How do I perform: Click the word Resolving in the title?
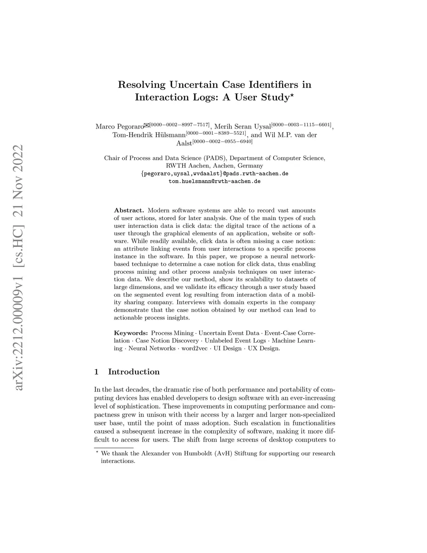point(142,85)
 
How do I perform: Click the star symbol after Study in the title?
point(292,95)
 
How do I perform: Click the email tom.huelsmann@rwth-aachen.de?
point(214,182)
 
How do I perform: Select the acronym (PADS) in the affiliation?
point(215,158)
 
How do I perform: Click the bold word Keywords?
point(131,333)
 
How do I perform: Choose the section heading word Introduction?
point(133,372)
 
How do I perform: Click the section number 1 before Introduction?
point(96,372)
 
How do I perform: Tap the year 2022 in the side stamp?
point(19,158)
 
